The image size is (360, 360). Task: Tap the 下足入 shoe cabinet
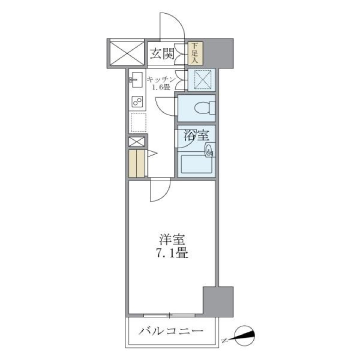195,53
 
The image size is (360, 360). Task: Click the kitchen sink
135,79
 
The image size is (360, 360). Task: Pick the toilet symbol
205,108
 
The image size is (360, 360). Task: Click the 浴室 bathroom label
193,135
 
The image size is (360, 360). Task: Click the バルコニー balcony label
172,331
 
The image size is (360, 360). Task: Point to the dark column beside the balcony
218,300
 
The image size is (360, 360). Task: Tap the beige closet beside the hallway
136,163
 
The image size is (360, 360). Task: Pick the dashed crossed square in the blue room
201,79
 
